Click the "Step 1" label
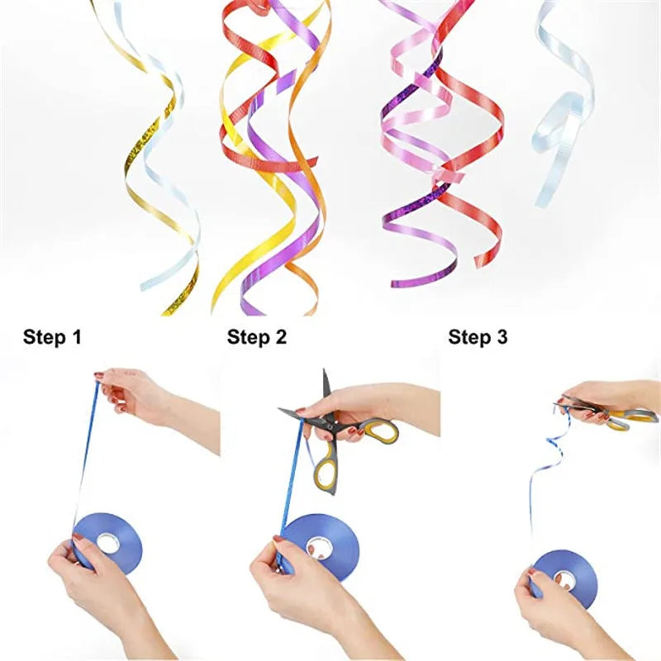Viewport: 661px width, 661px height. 52,337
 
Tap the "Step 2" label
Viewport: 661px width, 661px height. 257,337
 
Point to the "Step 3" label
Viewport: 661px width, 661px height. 478,337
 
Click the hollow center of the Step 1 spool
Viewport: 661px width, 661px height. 108,543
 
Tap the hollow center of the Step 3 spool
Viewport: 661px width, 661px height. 566,581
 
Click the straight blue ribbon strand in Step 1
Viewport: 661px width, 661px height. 87,451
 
